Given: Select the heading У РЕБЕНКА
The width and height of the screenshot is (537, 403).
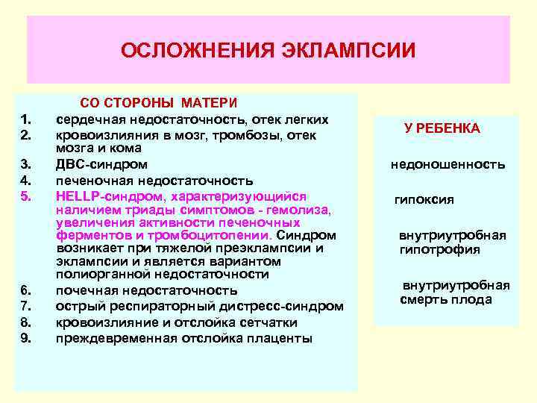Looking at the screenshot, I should pos(442,128).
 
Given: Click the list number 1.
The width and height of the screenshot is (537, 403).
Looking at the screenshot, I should pos(25,119).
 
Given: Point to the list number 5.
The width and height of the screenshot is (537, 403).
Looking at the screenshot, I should pos(25,196).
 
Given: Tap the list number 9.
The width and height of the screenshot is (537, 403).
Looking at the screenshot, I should pos(25,338).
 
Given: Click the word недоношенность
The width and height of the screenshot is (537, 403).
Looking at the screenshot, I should pos(447,164).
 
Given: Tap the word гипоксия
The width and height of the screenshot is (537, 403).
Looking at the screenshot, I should pos(424,200).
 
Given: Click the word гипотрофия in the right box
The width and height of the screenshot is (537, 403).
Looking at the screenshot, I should pos(440,249).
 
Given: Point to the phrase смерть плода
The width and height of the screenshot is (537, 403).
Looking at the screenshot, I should pos(446,300).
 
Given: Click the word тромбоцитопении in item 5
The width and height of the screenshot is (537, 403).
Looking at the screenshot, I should pos(214,235).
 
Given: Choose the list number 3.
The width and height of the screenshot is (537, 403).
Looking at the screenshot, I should pos(25,164).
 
